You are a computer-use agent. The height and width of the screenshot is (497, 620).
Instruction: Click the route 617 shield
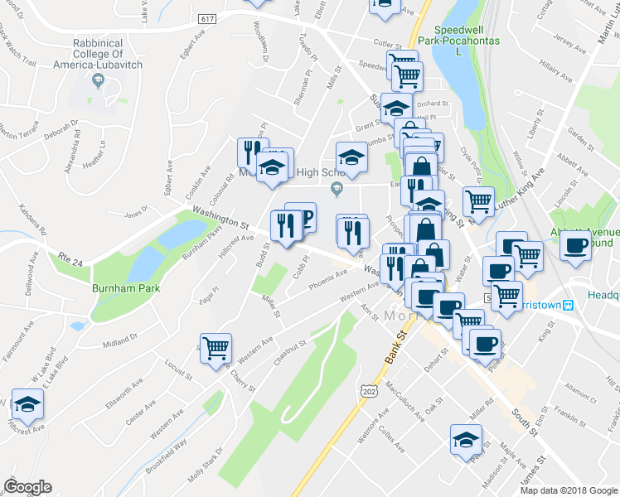(x=208, y=17)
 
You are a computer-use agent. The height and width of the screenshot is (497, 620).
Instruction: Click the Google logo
(x=27, y=487)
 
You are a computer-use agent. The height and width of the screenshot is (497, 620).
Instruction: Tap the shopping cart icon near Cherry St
(x=216, y=348)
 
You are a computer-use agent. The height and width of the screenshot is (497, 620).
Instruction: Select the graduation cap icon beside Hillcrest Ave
(x=27, y=405)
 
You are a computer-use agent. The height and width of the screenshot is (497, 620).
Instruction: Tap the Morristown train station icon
(x=569, y=305)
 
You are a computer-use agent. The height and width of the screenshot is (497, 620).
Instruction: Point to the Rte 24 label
(x=71, y=258)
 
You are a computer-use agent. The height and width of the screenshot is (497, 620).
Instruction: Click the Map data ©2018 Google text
(x=569, y=490)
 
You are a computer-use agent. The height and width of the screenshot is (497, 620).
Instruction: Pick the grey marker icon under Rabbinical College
(x=99, y=80)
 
